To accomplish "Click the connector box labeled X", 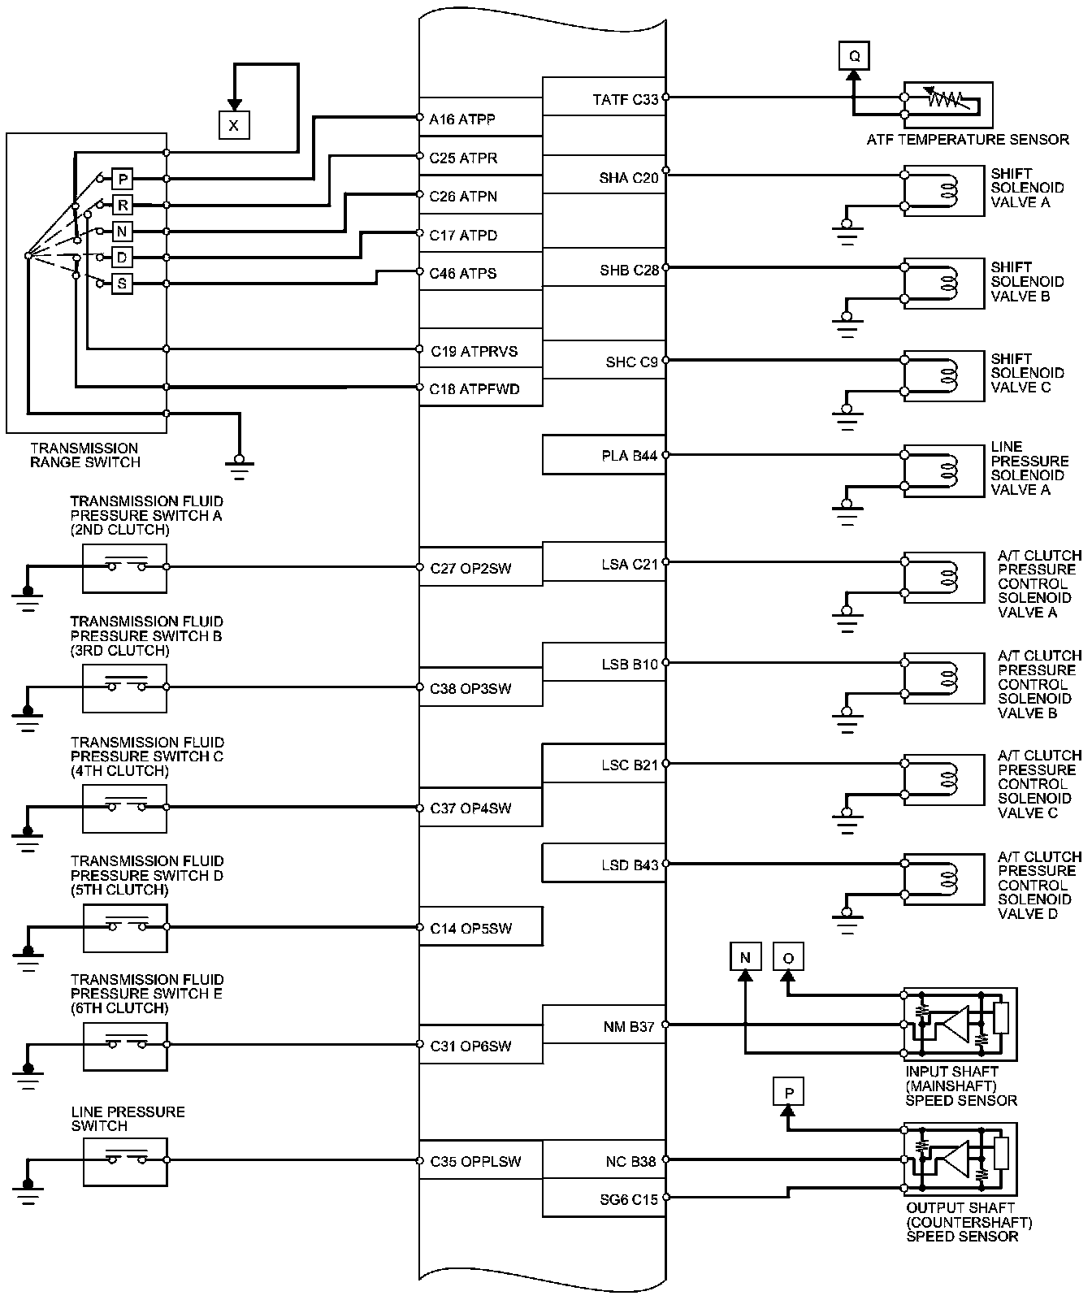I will click(x=234, y=125).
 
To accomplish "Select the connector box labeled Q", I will click(x=854, y=56).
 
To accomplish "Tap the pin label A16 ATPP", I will click(x=462, y=119).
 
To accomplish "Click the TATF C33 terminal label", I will click(x=625, y=100).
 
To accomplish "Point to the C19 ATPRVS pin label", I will click(x=474, y=352).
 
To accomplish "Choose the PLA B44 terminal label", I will click(x=629, y=456).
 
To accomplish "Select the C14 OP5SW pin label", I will click(x=471, y=928).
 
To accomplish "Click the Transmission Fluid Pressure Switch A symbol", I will click(x=124, y=568).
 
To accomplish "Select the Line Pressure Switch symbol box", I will click(x=125, y=1161).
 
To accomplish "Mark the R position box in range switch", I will click(x=122, y=205).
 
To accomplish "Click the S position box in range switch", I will click(x=122, y=284).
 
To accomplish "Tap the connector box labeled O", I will click(x=787, y=957).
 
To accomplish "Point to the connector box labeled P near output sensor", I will click(x=788, y=1093).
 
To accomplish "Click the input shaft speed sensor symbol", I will click(x=960, y=1024).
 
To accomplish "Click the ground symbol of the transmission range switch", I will click(x=239, y=461).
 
